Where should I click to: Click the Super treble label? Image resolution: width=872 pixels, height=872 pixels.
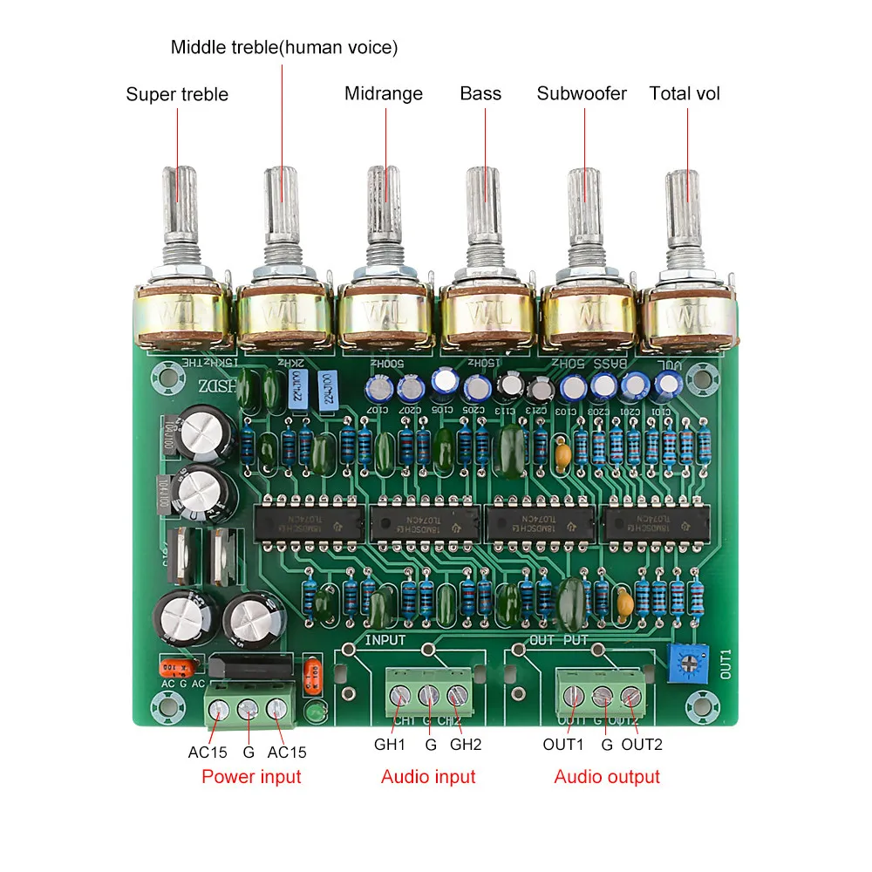(177, 94)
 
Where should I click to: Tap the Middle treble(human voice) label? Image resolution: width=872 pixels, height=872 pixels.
(283, 48)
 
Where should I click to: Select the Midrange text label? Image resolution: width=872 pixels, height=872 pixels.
(384, 93)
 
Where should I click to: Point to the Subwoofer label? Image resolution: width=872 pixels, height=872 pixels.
(582, 93)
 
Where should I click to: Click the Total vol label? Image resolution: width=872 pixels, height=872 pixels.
(685, 93)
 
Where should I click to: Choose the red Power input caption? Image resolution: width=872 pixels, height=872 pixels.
(251, 776)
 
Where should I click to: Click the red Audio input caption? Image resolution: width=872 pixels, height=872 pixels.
(428, 776)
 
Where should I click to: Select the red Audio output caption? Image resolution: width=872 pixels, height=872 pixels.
(607, 776)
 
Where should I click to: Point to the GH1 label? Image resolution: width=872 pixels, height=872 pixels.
(391, 746)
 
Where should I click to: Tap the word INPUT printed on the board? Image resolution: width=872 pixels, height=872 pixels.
(385, 640)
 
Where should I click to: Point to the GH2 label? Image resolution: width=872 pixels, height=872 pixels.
(466, 746)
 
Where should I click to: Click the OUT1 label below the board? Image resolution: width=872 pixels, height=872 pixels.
(562, 746)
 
